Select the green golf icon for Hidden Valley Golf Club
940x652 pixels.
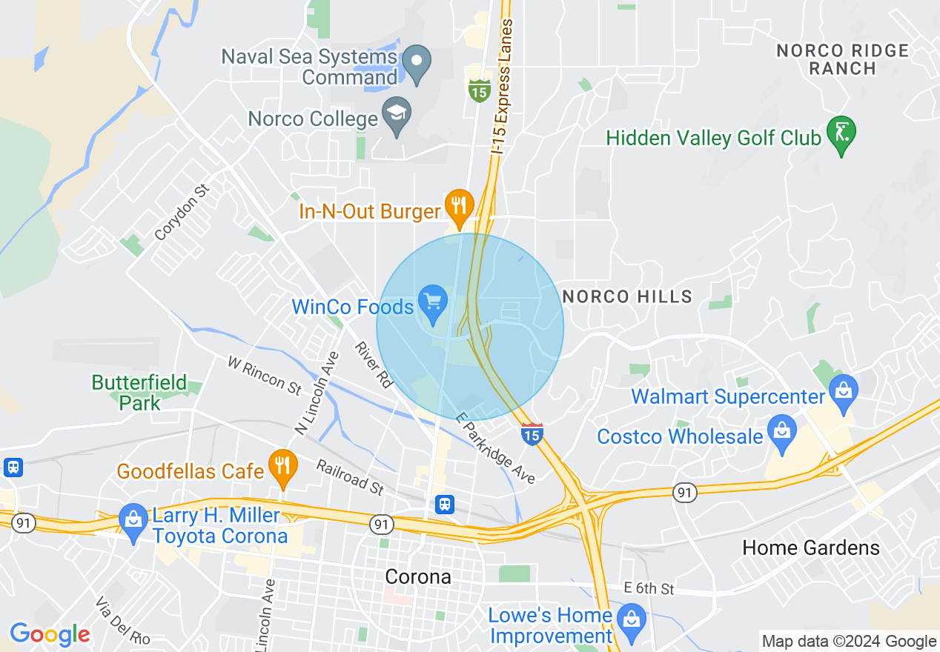coord(841,133)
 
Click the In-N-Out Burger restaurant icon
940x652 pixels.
coord(459,206)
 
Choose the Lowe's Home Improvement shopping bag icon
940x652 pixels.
coord(631,620)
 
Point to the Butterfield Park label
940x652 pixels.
coord(139,393)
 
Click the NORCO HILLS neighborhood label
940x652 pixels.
coord(627,297)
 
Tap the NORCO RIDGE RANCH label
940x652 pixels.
coord(842,59)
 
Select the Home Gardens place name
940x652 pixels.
coord(811,548)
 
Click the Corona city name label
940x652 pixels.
coord(418,576)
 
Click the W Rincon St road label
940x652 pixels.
coord(265,376)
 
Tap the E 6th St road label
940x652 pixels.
coord(649,589)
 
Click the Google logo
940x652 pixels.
coord(50,635)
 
